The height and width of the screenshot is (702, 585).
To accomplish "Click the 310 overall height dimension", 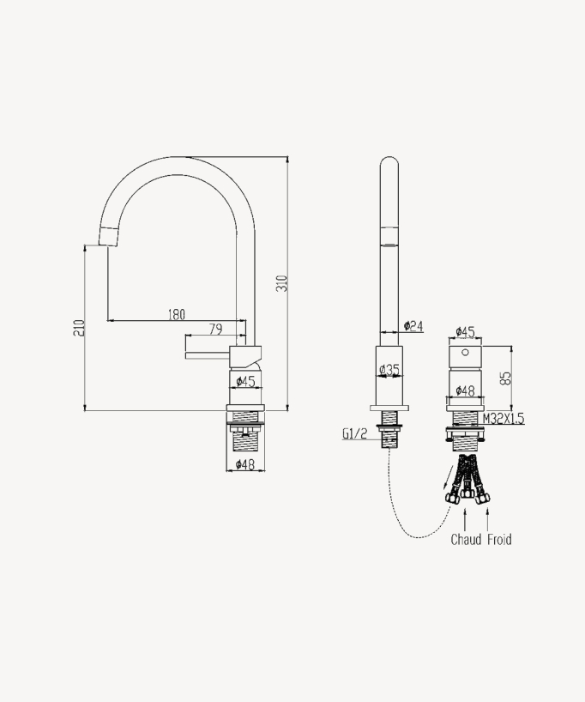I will [x=281, y=282].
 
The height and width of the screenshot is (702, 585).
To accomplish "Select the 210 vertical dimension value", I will [x=79, y=327].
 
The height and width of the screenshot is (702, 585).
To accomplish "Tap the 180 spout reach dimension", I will [x=176, y=315].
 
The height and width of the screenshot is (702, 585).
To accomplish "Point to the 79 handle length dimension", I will [x=215, y=329].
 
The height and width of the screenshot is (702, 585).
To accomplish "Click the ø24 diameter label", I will [x=413, y=325].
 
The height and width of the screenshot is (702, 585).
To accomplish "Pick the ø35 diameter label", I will [x=389, y=370].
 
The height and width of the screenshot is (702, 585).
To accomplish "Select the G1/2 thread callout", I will [x=354, y=434].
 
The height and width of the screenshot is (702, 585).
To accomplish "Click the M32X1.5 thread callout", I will [x=503, y=419].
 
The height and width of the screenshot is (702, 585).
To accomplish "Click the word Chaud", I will [x=466, y=540].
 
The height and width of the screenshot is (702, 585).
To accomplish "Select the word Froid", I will [x=499, y=540].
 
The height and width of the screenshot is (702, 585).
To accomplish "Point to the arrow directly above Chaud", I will [x=466, y=517].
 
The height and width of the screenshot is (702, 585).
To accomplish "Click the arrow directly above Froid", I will [x=488, y=517].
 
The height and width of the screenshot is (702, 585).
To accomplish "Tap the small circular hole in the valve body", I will [x=465, y=352].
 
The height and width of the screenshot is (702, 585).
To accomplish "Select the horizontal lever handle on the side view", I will [x=208, y=352].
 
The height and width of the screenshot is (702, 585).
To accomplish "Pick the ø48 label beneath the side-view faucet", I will [x=245, y=464].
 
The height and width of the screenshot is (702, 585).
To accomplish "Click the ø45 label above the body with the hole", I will [x=465, y=330].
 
